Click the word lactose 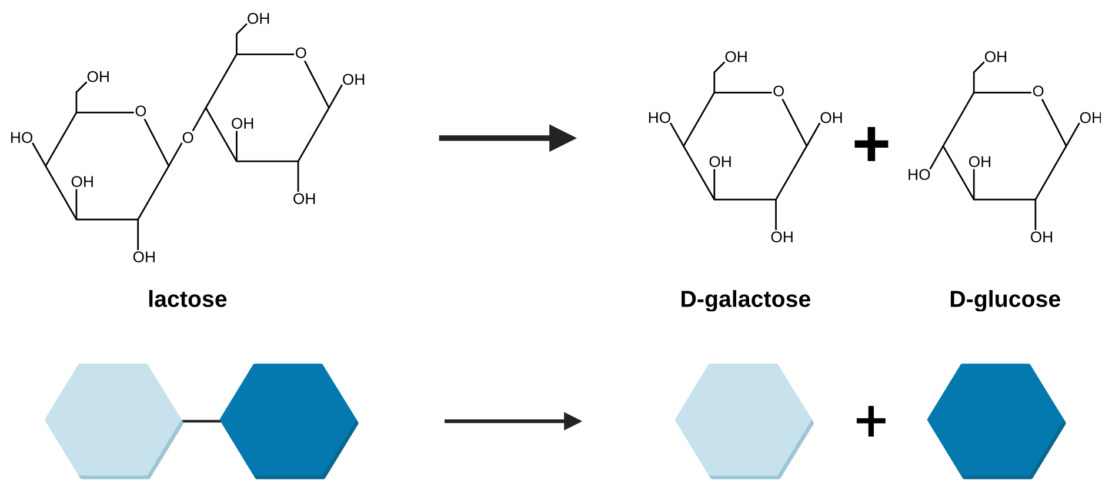point(187,299)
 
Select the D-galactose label point(745,299)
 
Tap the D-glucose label point(1004,299)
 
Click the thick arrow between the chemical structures point(506,138)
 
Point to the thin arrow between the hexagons point(512,421)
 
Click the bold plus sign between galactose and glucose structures point(871,144)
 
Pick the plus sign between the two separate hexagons point(871,421)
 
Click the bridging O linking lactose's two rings point(188,138)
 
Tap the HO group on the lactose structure point(22,138)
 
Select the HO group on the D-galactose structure point(659,118)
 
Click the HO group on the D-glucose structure point(919,175)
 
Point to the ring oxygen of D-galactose point(779,92)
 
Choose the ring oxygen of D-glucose point(1038,92)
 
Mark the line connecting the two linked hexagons point(201,421)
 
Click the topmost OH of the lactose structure point(258,19)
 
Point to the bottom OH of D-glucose point(1041,237)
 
